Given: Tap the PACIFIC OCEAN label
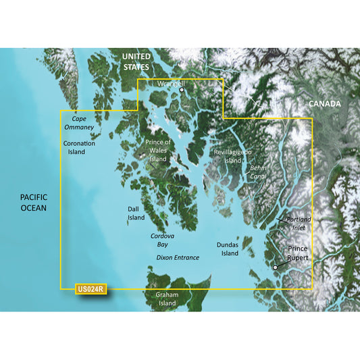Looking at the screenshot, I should pos(33,202).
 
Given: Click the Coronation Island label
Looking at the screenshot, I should pos(79,147).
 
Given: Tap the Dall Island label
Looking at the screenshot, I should pos(136,213).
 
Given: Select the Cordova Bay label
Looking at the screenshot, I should pos(161,240).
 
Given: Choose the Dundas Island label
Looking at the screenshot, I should pos(228,249).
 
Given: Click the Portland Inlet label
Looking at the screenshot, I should pos(299,224).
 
